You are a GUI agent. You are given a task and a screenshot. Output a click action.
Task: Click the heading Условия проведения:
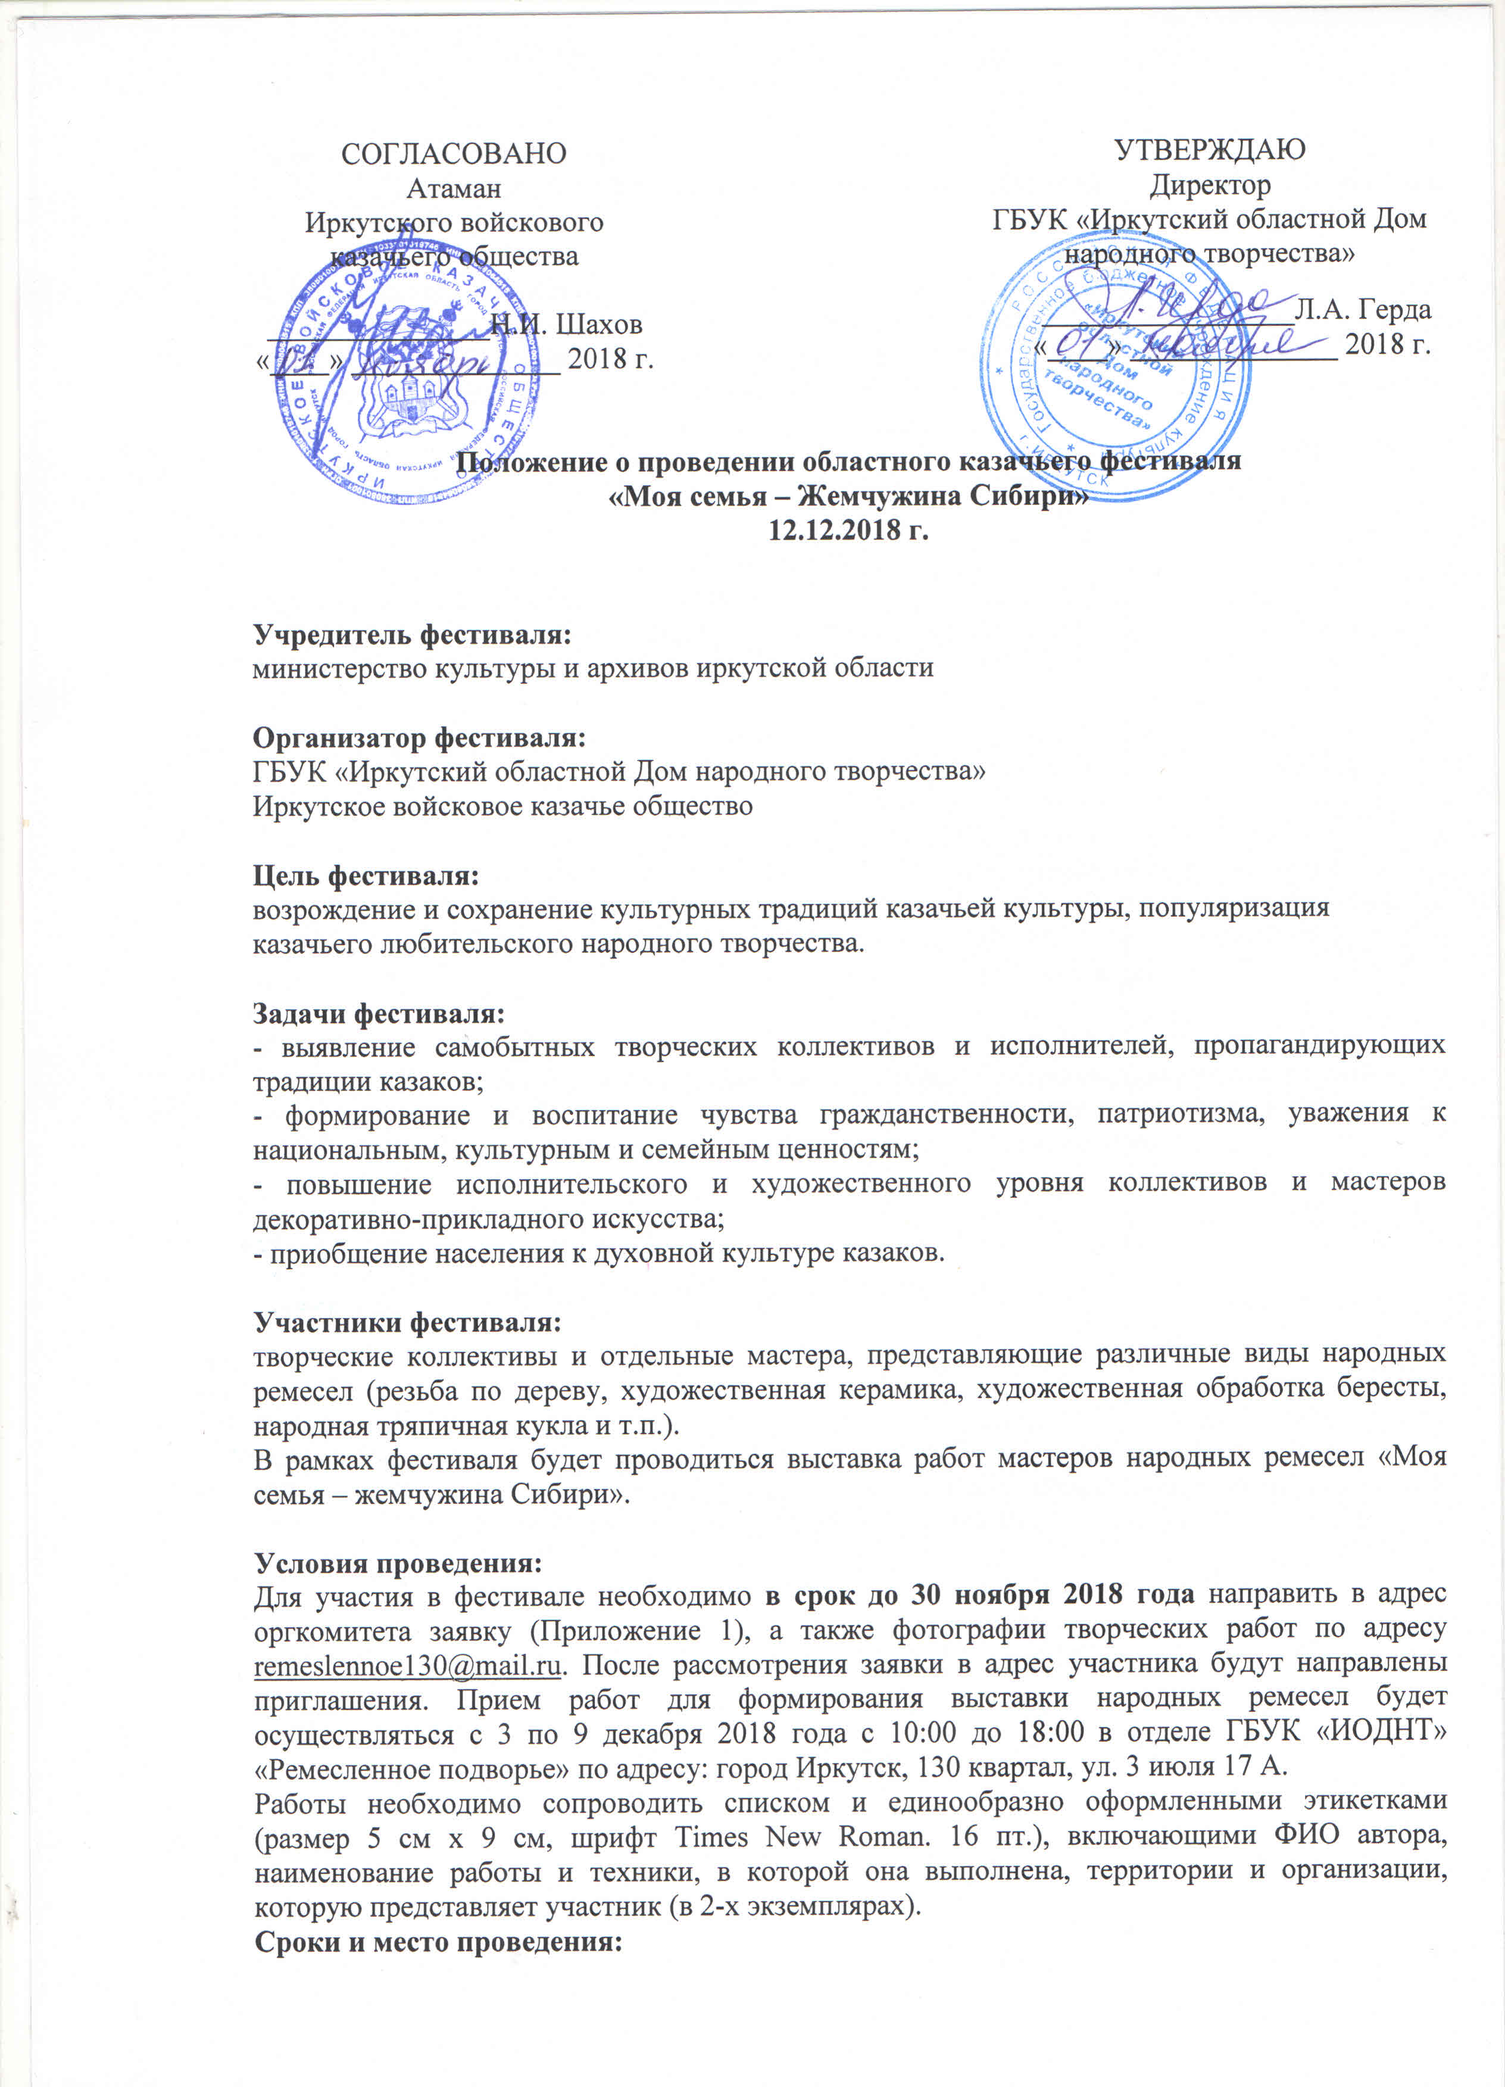398,1563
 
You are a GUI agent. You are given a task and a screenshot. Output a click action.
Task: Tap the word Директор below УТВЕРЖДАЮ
1210,185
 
